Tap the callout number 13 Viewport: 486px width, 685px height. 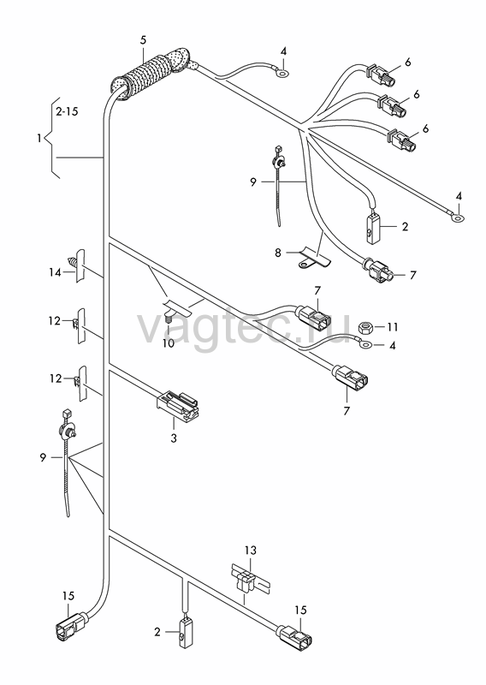(x=251, y=551)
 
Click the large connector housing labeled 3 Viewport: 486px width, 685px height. (x=177, y=405)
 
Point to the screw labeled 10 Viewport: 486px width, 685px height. (x=169, y=318)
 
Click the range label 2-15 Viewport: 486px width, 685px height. (x=67, y=111)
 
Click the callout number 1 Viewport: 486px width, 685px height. (x=39, y=139)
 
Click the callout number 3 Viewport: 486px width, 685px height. (x=174, y=438)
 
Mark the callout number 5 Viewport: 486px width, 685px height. (x=143, y=40)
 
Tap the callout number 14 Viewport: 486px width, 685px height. (x=55, y=272)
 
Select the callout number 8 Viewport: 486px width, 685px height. (x=278, y=253)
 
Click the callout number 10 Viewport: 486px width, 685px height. (x=168, y=343)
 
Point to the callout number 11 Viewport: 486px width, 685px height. (x=392, y=327)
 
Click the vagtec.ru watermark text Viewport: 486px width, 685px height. (x=244, y=327)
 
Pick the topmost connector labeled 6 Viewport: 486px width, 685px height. (x=381, y=74)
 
